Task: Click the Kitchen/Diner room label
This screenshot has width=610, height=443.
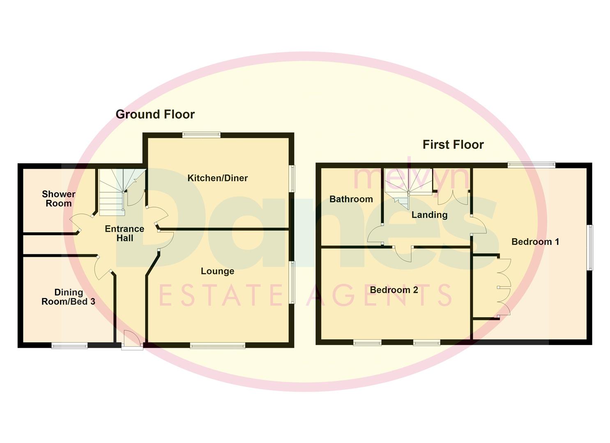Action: click(x=217, y=178)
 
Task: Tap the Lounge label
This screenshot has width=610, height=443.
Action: click(x=217, y=271)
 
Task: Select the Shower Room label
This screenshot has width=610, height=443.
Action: click(x=58, y=199)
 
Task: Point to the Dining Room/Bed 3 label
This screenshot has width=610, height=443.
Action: click(x=68, y=297)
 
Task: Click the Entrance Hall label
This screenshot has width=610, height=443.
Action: click(x=124, y=233)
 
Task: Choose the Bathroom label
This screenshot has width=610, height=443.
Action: click(x=351, y=199)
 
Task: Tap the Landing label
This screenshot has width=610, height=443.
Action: click(x=429, y=215)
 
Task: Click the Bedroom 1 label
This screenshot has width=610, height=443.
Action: click(x=535, y=242)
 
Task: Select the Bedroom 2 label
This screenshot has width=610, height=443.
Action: click(x=394, y=290)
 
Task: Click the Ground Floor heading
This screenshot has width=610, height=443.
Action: click(x=155, y=114)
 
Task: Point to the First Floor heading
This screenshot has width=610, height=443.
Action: click(x=453, y=145)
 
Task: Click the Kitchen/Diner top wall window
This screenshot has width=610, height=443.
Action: click(x=201, y=134)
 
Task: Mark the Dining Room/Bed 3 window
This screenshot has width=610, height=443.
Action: click(x=69, y=346)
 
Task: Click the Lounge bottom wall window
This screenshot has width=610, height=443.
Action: click(x=217, y=346)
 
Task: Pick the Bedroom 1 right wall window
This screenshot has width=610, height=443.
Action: click(x=589, y=247)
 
